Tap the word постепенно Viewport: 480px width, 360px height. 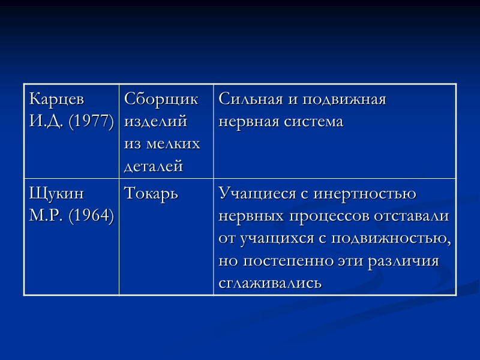click(286, 262)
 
